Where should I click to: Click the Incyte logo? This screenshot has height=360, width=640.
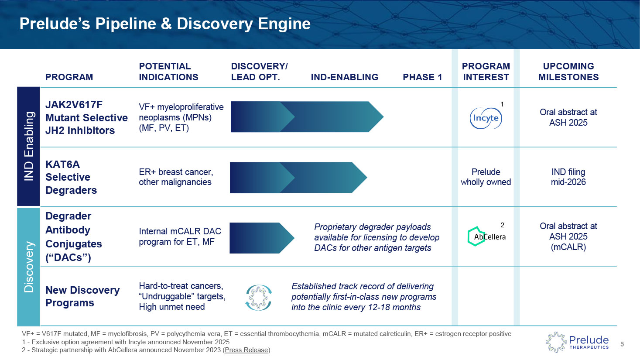[x=486, y=118]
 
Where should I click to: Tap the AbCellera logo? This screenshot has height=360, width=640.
[x=486, y=237]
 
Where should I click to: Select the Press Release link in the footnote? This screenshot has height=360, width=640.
[x=246, y=350]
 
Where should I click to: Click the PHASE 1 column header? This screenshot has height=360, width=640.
[x=422, y=77]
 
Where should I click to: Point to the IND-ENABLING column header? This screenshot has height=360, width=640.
[x=344, y=77]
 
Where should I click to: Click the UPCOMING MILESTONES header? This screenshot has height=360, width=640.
[x=568, y=72]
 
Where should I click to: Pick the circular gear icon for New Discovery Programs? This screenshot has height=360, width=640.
[x=259, y=297]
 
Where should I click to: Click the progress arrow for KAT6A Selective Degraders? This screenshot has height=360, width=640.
[x=298, y=178]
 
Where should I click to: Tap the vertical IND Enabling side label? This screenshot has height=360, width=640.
[x=28, y=146]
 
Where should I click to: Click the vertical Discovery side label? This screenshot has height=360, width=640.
[x=28, y=267]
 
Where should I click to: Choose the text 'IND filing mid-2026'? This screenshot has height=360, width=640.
[x=568, y=177]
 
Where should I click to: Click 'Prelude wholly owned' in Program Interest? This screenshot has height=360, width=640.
[x=486, y=177]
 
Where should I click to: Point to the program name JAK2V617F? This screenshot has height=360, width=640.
[x=74, y=105]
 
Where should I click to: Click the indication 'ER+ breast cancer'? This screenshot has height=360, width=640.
[x=175, y=172]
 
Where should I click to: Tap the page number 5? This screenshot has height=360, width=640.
[x=622, y=344]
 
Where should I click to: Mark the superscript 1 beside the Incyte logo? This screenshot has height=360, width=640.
[x=502, y=104]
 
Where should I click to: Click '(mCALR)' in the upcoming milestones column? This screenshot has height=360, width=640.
[x=568, y=247]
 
